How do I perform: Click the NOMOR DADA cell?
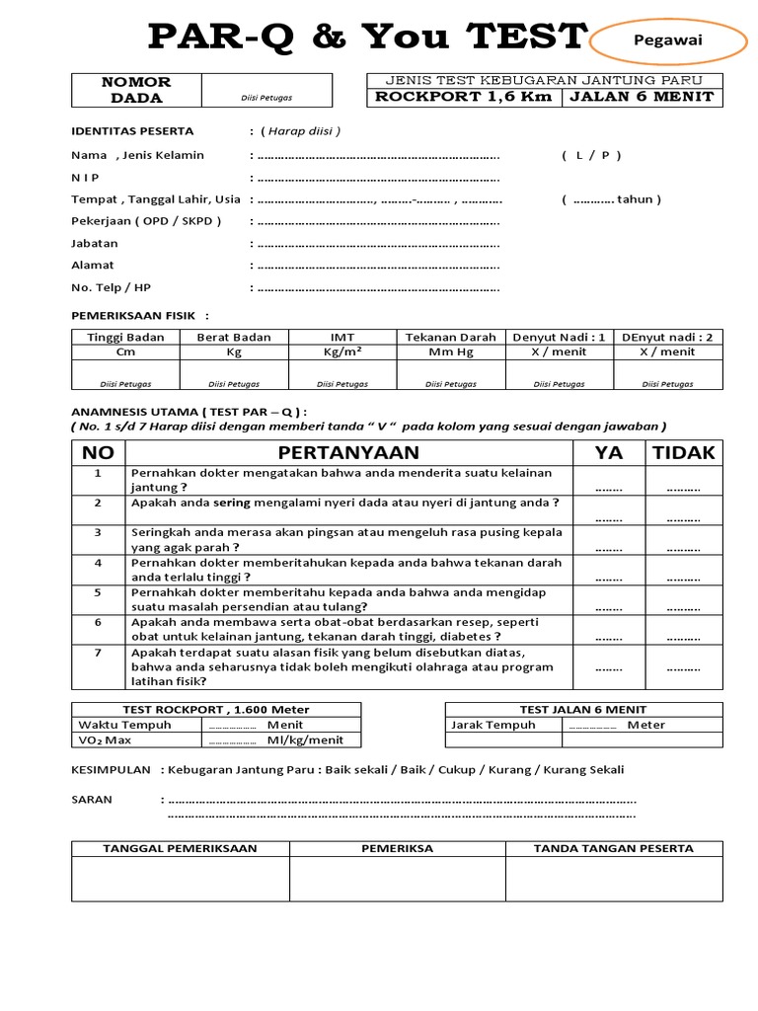click(136, 90)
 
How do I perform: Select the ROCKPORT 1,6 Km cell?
click(464, 97)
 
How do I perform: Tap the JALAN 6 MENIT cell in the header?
click(642, 97)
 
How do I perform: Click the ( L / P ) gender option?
click(591, 155)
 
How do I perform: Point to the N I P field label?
click(87, 178)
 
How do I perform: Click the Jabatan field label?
click(94, 243)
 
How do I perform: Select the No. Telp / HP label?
click(111, 286)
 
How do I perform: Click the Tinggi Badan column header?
click(125, 337)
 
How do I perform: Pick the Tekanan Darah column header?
click(451, 337)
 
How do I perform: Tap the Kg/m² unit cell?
click(342, 351)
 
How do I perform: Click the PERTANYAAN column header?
click(348, 453)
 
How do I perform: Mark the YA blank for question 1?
click(609, 487)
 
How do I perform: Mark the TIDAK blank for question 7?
click(683, 668)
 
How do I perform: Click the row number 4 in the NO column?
click(98, 563)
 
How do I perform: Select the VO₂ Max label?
click(105, 739)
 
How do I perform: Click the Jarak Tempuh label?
click(493, 725)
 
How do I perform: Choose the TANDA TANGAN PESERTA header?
click(613, 848)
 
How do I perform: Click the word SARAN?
click(92, 799)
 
